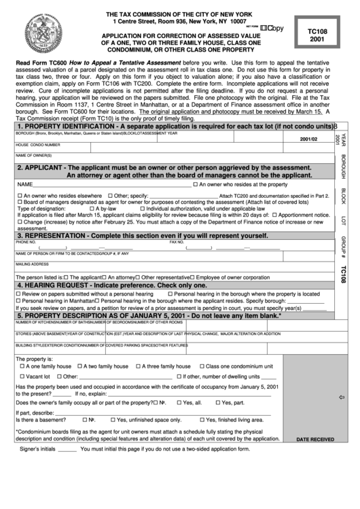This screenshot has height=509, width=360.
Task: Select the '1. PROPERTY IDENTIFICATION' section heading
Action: (x=68, y=126)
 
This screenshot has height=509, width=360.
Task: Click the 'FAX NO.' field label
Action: (x=177, y=242)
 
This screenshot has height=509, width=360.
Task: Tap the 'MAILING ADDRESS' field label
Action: (x=32, y=264)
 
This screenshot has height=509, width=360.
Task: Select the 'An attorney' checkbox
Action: (x=103, y=277)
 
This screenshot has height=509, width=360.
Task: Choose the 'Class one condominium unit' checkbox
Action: (x=200, y=366)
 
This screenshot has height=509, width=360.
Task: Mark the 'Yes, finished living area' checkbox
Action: (x=200, y=419)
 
